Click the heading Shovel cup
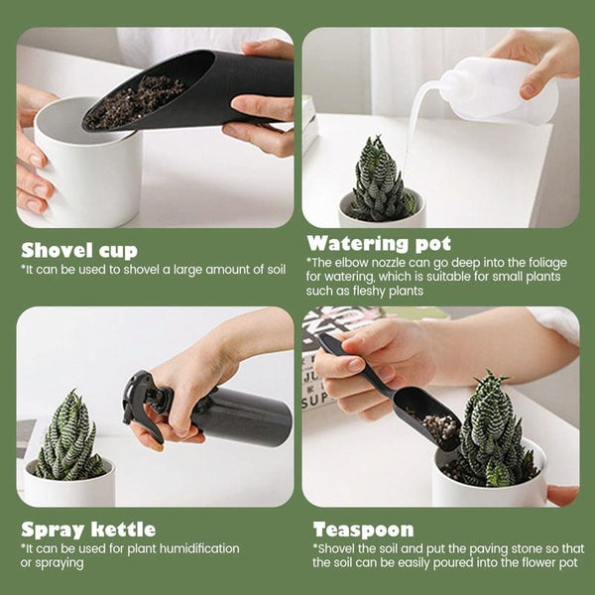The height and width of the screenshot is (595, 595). [x=79, y=251]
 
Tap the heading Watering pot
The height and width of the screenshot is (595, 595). [x=379, y=244]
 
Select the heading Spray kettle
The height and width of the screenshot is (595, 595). [x=88, y=530]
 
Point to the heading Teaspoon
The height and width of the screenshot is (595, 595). [x=363, y=530]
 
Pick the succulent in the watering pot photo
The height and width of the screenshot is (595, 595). [x=382, y=180]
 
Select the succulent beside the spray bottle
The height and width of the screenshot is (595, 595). [x=67, y=436]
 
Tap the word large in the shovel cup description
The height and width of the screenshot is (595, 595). [x=187, y=270]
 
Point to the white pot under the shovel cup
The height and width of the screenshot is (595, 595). [x=87, y=167]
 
